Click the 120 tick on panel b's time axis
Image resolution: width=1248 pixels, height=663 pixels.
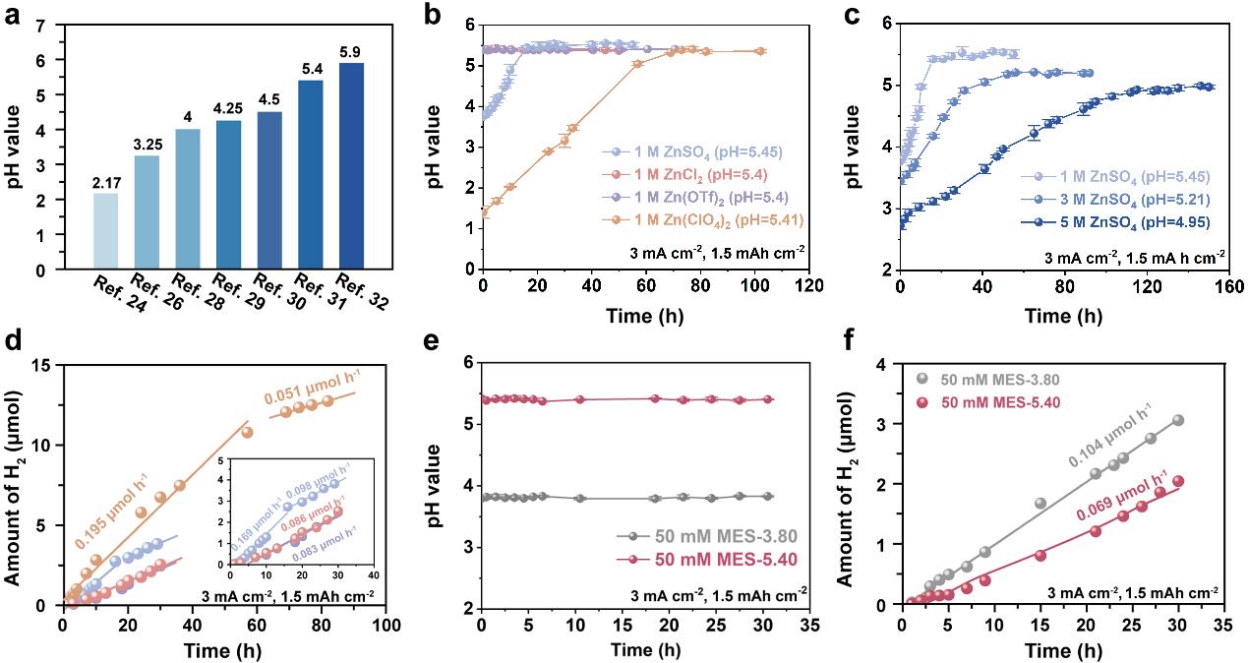[x=809, y=285]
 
